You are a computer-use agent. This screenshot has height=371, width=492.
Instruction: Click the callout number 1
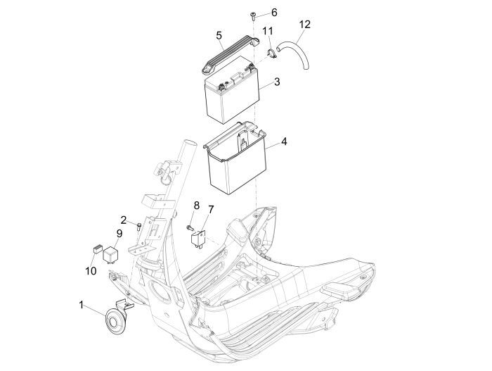[x=81, y=305]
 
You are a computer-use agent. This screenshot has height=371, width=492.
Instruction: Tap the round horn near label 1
[x=115, y=322]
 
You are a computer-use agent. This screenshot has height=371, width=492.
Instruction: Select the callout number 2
[x=124, y=220]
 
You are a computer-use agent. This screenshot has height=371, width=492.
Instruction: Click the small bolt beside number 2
[x=138, y=227]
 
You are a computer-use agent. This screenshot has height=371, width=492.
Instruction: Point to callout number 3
[x=276, y=82]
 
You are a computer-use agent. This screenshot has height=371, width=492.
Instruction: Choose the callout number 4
[x=284, y=142]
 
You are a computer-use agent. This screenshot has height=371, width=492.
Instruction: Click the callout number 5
[x=219, y=35]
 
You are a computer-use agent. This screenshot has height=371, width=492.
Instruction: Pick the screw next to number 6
[x=252, y=15]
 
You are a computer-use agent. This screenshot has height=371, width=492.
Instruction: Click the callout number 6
[x=274, y=13]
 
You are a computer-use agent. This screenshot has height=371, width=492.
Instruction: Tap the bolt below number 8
[x=190, y=227]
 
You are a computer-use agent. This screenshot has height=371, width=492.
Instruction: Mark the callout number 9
[x=119, y=234]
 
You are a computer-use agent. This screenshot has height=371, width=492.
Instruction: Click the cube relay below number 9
[x=110, y=255]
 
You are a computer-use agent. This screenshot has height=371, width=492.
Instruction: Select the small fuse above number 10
[x=97, y=249]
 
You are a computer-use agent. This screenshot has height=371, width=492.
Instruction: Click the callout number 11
[x=268, y=31]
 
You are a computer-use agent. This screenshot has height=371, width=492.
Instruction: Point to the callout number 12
[x=304, y=24]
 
